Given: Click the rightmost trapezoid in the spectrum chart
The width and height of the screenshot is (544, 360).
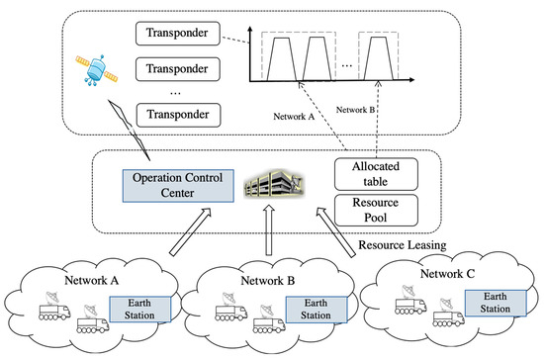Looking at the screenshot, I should (388, 68).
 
